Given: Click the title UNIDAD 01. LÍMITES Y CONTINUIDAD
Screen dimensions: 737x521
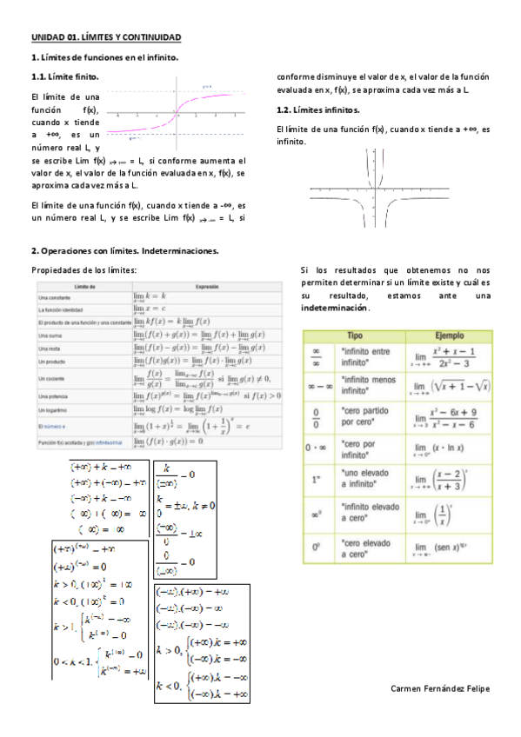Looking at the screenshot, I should [106, 38].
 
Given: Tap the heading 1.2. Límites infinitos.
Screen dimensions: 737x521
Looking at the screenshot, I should [317, 110].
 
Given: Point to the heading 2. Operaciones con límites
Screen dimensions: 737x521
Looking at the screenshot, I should [124, 251].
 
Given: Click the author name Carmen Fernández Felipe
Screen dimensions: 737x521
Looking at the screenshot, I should [441, 687].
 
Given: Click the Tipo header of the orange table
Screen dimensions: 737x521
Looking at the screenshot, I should [355, 335].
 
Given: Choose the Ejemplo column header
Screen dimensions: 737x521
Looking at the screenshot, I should [446, 335].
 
